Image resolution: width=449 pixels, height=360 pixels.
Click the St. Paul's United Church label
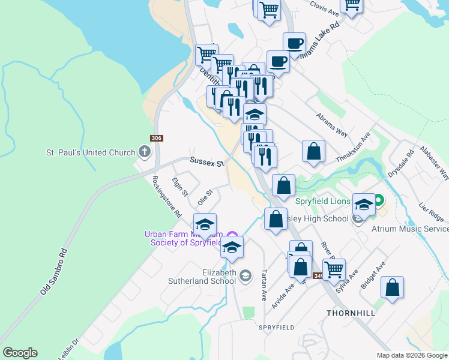tap(91, 152)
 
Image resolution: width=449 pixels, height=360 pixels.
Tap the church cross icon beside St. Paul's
tap(145, 152)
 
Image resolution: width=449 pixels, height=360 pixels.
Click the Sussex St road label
tap(206, 161)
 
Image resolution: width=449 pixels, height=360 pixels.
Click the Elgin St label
tap(179, 187)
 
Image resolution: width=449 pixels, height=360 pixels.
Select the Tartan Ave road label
tap(263, 285)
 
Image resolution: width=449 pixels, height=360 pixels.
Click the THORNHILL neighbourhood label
tap(351, 313)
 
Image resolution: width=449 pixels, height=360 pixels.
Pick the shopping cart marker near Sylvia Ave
tap(334, 268)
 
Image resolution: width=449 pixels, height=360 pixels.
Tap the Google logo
tap(20, 353)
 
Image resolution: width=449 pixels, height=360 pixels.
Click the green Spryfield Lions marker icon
tap(379, 199)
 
